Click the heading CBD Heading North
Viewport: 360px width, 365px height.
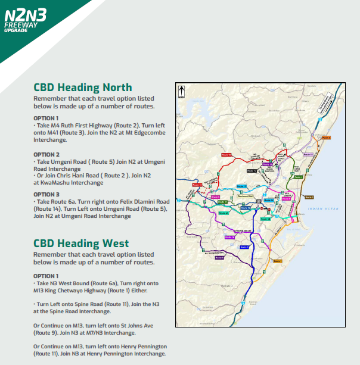click(x=83, y=88)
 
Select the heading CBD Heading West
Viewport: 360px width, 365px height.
click(x=81, y=244)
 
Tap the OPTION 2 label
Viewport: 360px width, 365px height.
click(x=46, y=154)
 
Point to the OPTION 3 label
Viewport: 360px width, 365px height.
click(x=46, y=194)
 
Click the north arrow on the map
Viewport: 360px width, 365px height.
click(x=181, y=92)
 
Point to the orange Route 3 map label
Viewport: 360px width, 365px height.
click(x=326, y=138)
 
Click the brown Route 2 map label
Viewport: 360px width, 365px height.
click(x=309, y=196)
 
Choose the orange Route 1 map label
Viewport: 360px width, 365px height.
click(x=277, y=261)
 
